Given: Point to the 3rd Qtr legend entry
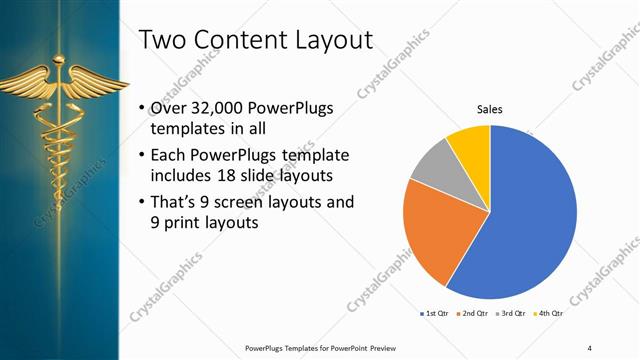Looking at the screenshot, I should (x=512, y=314).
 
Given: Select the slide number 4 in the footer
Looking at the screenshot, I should (x=589, y=347).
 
